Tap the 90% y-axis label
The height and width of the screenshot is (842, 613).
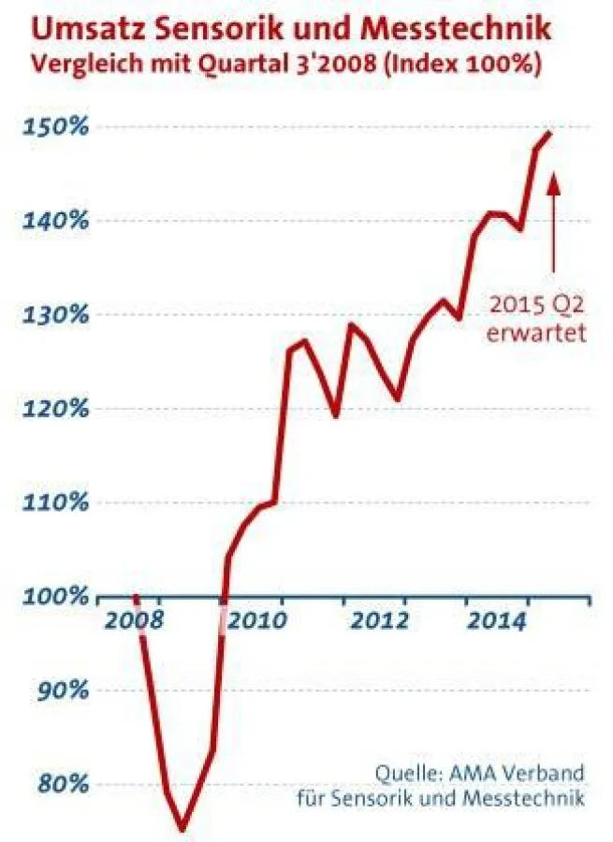(x=63, y=691)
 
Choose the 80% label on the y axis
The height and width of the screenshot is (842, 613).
(x=63, y=785)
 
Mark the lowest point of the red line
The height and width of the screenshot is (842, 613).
(x=182, y=828)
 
